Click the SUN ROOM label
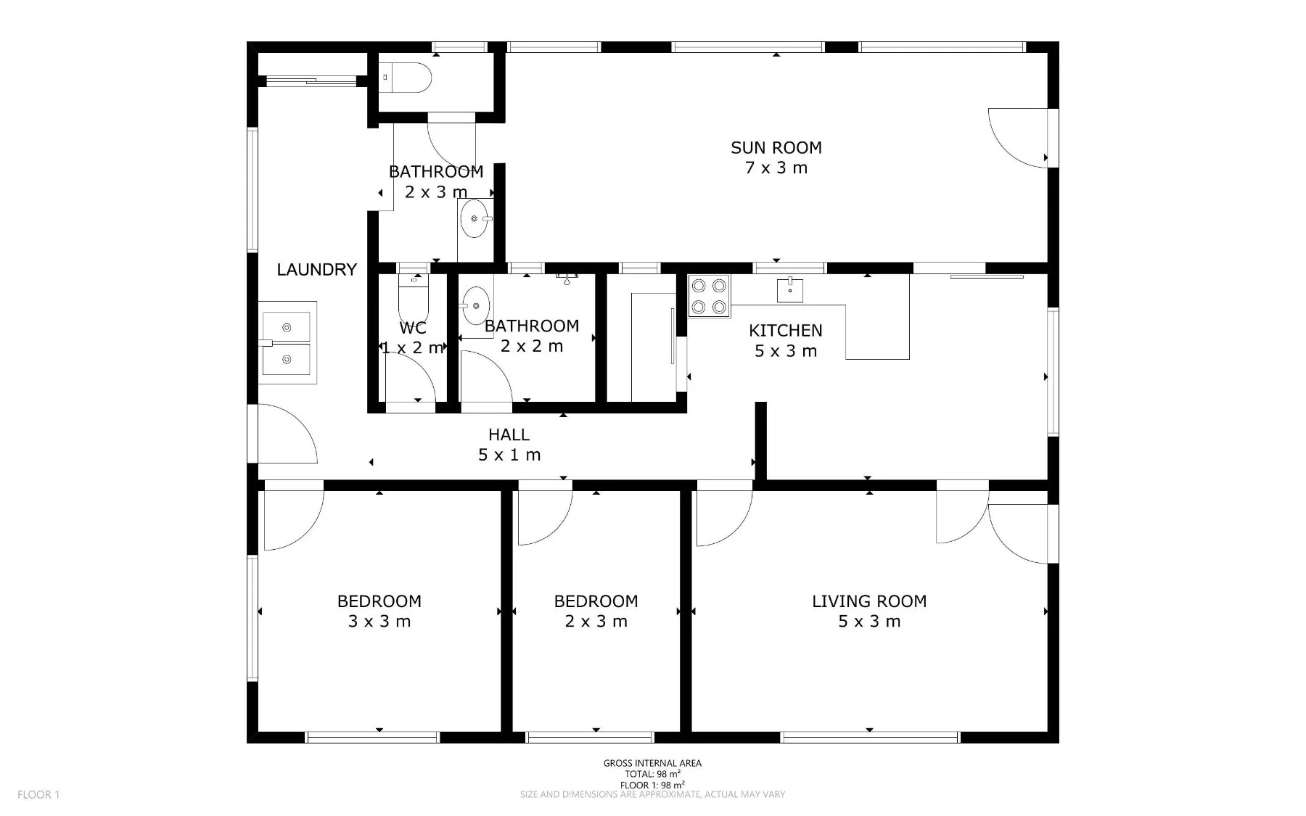tap(776, 148)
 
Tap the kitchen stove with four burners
tap(710, 296)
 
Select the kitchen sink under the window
tap(789, 290)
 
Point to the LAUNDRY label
tap(317, 270)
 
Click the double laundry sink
tap(287, 343)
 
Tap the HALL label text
tap(509, 435)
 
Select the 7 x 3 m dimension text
tap(776, 168)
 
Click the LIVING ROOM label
tap(869, 601)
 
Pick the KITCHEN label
tap(786, 331)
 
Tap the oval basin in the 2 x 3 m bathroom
tap(474, 218)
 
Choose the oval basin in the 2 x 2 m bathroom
tap(476, 306)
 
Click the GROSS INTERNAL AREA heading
tap(652, 763)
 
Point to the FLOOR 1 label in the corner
tap(38, 795)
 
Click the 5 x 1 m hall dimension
tap(509, 456)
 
